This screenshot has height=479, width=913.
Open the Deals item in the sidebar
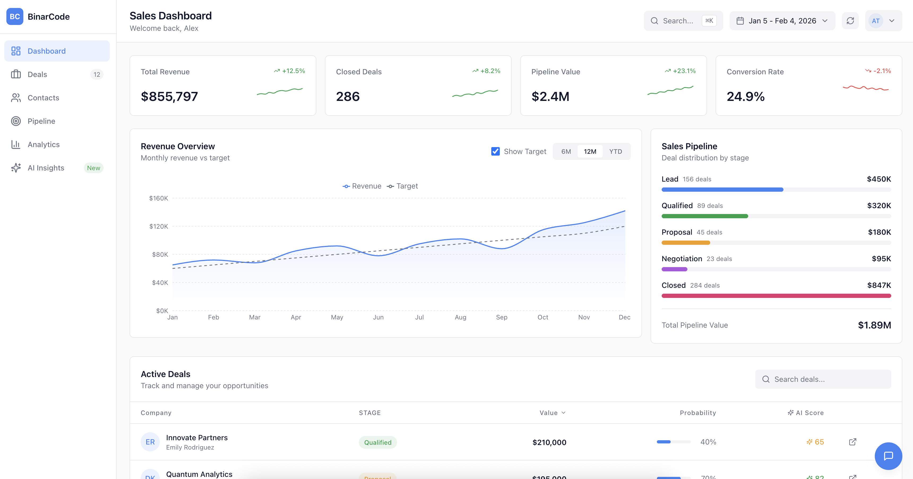(37, 74)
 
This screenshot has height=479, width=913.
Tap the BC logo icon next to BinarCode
(15, 17)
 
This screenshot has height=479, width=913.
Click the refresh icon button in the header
(850, 21)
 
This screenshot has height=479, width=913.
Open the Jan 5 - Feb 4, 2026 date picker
(782, 21)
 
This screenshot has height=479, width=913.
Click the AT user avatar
(875, 21)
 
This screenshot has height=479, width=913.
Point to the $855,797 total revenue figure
(169, 96)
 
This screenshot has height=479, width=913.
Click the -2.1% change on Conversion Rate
(881, 71)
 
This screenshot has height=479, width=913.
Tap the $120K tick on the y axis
(158, 226)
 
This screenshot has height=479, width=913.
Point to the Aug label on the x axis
(460, 317)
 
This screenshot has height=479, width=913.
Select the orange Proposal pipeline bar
(686, 243)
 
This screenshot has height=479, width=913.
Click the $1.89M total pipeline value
(874, 325)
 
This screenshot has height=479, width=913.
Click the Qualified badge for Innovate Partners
(377, 442)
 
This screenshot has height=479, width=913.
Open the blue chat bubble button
(888, 456)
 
